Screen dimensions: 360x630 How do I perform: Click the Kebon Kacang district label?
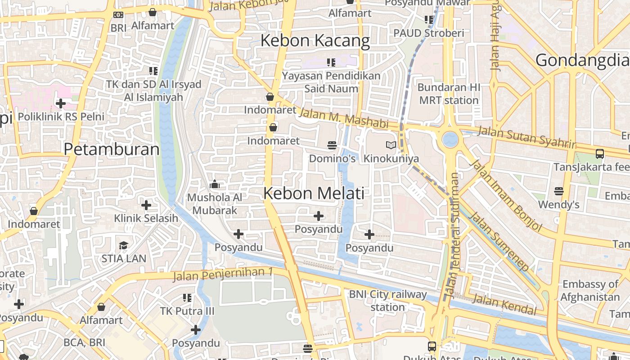(315, 40)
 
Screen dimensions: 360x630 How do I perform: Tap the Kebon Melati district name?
(314, 193)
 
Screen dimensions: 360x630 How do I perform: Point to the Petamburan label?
(112, 149)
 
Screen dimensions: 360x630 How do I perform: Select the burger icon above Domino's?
(332, 145)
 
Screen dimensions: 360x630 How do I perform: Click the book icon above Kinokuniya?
(391, 145)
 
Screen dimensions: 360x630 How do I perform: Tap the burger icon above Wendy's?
(559, 191)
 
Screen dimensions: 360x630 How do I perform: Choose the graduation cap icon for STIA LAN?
(123, 245)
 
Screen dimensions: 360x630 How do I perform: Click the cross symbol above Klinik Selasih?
(146, 205)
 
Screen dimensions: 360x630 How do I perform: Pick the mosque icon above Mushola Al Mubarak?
(215, 184)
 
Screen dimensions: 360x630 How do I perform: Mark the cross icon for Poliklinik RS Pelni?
(61, 103)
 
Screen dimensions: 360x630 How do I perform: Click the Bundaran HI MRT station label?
(449, 94)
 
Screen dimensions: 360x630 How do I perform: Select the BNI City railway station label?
(388, 301)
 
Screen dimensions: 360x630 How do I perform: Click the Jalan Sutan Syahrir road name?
(526, 137)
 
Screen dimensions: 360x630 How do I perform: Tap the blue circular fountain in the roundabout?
(450, 139)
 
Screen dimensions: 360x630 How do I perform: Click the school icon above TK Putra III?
(187, 297)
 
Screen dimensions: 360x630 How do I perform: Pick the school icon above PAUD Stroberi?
(429, 20)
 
